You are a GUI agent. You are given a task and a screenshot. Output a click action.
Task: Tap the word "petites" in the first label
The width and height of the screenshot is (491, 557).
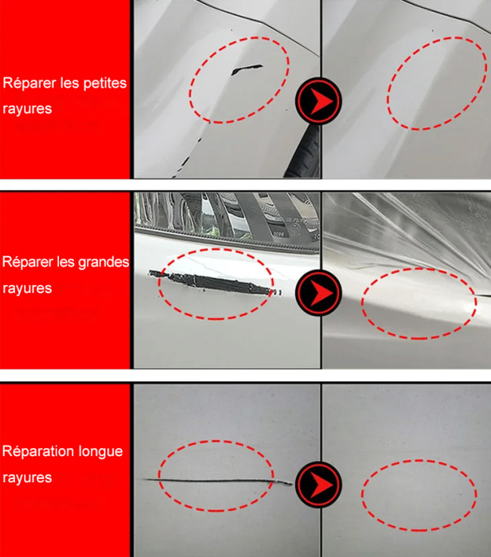(x=105, y=83)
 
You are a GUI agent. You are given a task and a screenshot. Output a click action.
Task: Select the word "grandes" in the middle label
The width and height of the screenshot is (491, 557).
(x=105, y=262)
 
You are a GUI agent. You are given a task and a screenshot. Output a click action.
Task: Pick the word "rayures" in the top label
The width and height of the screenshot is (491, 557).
(x=28, y=109)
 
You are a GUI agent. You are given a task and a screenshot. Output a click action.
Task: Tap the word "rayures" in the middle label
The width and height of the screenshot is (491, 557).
(x=28, y=288)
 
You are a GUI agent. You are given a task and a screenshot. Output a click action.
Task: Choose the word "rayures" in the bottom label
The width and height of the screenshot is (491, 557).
(x=28, y=477)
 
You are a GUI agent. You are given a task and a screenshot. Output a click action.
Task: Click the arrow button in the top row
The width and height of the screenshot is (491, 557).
(x=319, y=100)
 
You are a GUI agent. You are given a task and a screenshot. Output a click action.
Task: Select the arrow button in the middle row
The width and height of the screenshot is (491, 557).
(x=319, y=293)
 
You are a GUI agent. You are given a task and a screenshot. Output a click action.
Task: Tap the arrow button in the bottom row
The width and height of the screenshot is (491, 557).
(x=319, y=483)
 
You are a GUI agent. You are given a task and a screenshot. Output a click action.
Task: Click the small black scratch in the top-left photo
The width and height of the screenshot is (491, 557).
(x=245, y=70)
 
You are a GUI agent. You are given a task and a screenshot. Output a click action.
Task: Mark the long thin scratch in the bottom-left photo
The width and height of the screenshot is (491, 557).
(x=212, y=480)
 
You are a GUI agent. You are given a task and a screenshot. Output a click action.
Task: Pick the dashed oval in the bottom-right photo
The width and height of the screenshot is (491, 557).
(x=419, y=495)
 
